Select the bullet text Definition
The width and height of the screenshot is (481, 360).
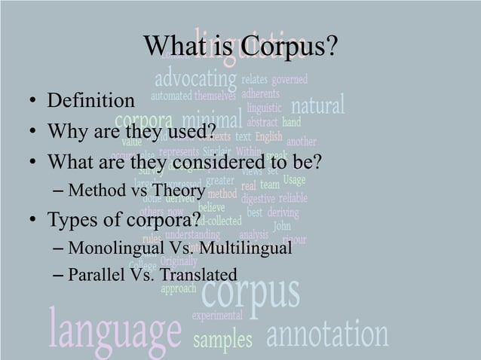coord(91,100)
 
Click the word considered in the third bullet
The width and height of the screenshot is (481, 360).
coord(225,162)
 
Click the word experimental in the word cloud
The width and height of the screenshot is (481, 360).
coord(217,315)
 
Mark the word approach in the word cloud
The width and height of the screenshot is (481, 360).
coord(179,288)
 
